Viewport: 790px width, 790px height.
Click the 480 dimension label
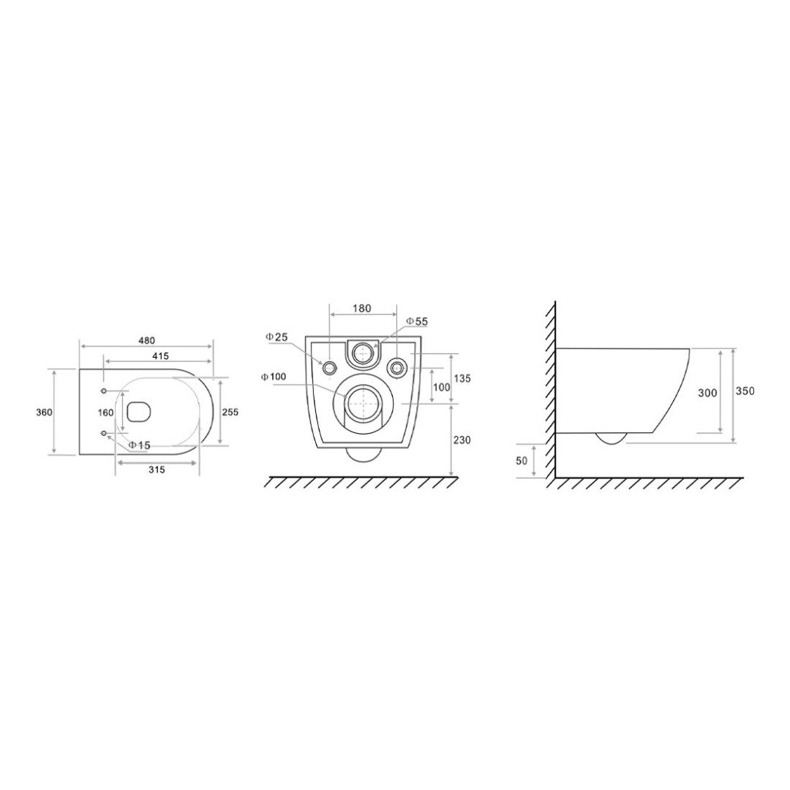(x=147, y=341)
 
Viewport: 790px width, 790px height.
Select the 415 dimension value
(x=160, y=355)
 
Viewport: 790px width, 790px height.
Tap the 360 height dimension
(x=45, y=412)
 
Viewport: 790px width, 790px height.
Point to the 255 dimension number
(x=230, y=412)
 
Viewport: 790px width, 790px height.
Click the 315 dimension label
(x=157, y=470)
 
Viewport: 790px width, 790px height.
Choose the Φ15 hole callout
(x=139, y=445)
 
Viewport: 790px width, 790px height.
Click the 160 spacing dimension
(x=106, y=413)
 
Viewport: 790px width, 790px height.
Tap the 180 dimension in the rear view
(x=362, y=309)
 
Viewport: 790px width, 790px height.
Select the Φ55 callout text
(x=417, y=321)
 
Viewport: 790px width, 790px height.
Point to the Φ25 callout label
(x=278, y=337)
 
